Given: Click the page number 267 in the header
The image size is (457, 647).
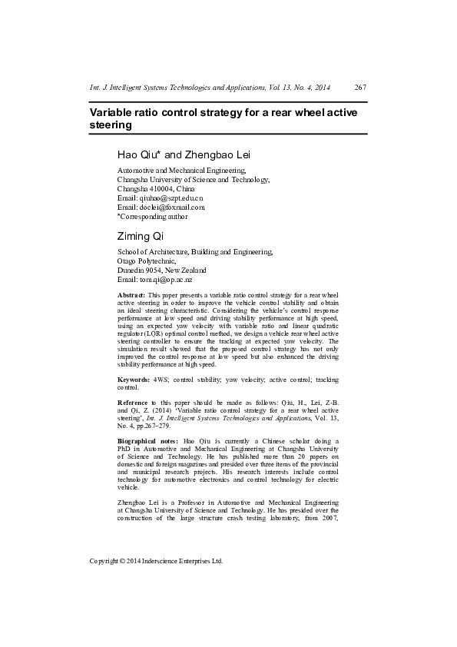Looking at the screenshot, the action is pyautogui.click(x=360, y=88).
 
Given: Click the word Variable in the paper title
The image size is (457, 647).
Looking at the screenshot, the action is pyautogui.click(x=114, y=112).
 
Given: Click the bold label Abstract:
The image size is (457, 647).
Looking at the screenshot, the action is pyautogui.click(x=131, y=294).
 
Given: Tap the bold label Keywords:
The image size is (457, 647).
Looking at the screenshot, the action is pyautogui.click(x=134, y=379).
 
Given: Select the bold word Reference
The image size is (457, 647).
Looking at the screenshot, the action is pyautogui.click(x=133, y=403).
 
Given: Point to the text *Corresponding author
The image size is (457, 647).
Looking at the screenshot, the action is pyautogui.click(x=152, y=216).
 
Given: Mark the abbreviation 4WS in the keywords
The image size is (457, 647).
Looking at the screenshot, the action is pyautogui.click(x=161, y=379).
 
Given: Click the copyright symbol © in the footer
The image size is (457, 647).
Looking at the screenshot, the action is pyautogui.click(x=125, y=561).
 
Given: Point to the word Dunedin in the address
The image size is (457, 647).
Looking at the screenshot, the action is pyautogui.click(x=131, y=270).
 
